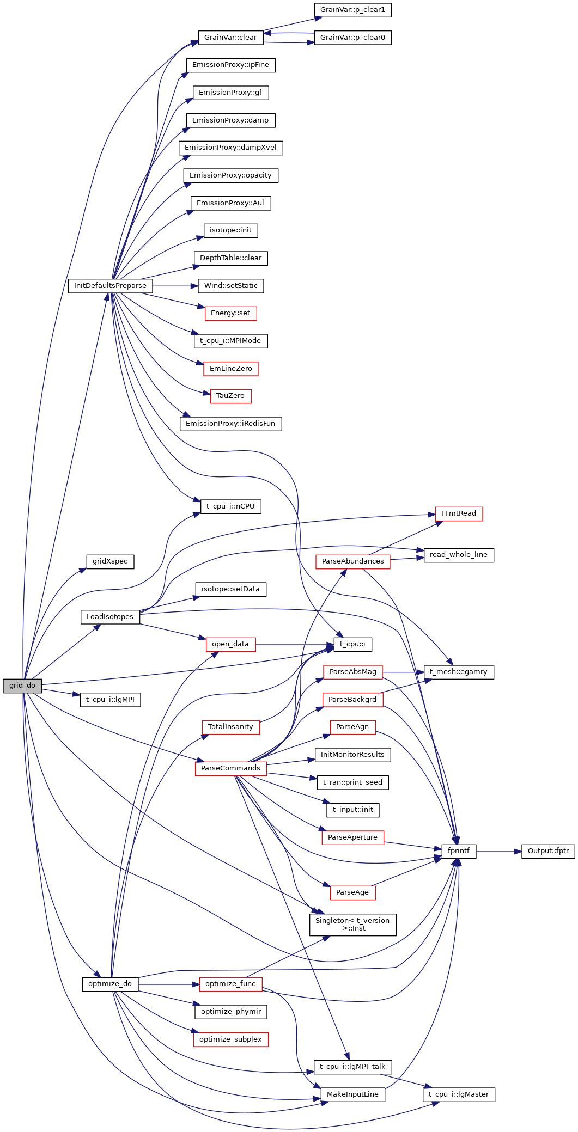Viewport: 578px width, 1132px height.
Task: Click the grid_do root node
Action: (22, 686)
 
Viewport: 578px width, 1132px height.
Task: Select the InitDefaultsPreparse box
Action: (110, 286)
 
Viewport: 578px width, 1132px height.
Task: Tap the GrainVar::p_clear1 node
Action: (352, 10)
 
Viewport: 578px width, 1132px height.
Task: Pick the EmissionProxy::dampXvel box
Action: (230, 148)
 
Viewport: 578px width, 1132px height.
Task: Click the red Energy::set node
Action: (230, 313)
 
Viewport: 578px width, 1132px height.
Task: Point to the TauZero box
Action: (230, 396)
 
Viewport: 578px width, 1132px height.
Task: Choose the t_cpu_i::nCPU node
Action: (230, 506)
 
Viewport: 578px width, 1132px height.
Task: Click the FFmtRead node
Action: (459, 513)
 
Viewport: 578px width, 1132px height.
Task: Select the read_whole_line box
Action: (459, 555)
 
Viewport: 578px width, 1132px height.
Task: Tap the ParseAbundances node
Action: (352, 561)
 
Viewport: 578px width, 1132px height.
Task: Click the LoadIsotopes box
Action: (110, 617)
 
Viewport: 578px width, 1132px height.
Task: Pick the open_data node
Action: (230, 644)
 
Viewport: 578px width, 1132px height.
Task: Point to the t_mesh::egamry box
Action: (459, 672)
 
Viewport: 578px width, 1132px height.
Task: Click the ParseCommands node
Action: (230, 768)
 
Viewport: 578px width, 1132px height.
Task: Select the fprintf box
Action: (459, 851)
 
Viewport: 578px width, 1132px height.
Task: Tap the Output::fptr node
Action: (548, 851)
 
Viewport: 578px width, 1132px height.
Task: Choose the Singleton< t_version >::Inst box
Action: (352, 925)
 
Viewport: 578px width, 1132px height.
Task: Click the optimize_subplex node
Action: (230, 1039)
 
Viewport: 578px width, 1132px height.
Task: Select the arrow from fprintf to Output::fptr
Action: (498, 851)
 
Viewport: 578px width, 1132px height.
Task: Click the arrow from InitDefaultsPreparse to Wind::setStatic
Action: (174, 286)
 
